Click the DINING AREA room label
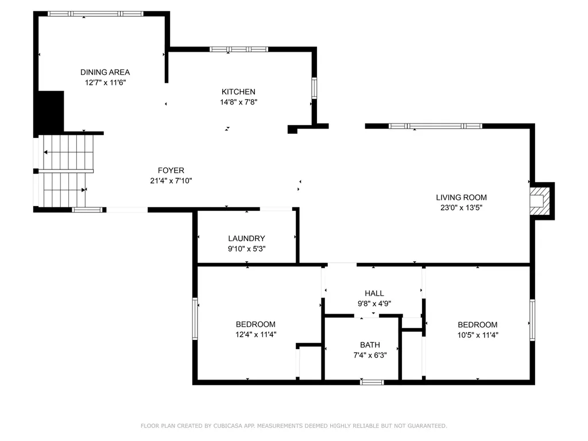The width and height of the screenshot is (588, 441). point(105,72)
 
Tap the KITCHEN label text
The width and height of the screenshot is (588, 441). point(238,91)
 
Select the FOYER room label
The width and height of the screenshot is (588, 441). point(171,170)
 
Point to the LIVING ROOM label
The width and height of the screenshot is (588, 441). point(461,198)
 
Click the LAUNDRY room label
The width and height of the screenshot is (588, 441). point(247,238)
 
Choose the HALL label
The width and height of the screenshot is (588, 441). point(374,293)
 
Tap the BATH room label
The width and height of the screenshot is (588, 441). point(370,345)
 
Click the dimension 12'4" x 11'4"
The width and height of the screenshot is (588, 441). point(256,335)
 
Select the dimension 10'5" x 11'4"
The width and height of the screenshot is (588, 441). point(478,335)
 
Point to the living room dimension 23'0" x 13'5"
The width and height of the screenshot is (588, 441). point(461,207)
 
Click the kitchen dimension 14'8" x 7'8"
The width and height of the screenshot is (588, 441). point(238,102)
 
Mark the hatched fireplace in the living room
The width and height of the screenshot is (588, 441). point(539,202)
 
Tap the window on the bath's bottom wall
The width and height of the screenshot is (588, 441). point(372,382)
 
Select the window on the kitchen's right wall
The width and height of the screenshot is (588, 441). point(314,88)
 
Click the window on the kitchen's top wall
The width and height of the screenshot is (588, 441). point(239,49)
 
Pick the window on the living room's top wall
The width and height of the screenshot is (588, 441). point(435,126)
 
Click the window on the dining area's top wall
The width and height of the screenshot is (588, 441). point(95,14)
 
